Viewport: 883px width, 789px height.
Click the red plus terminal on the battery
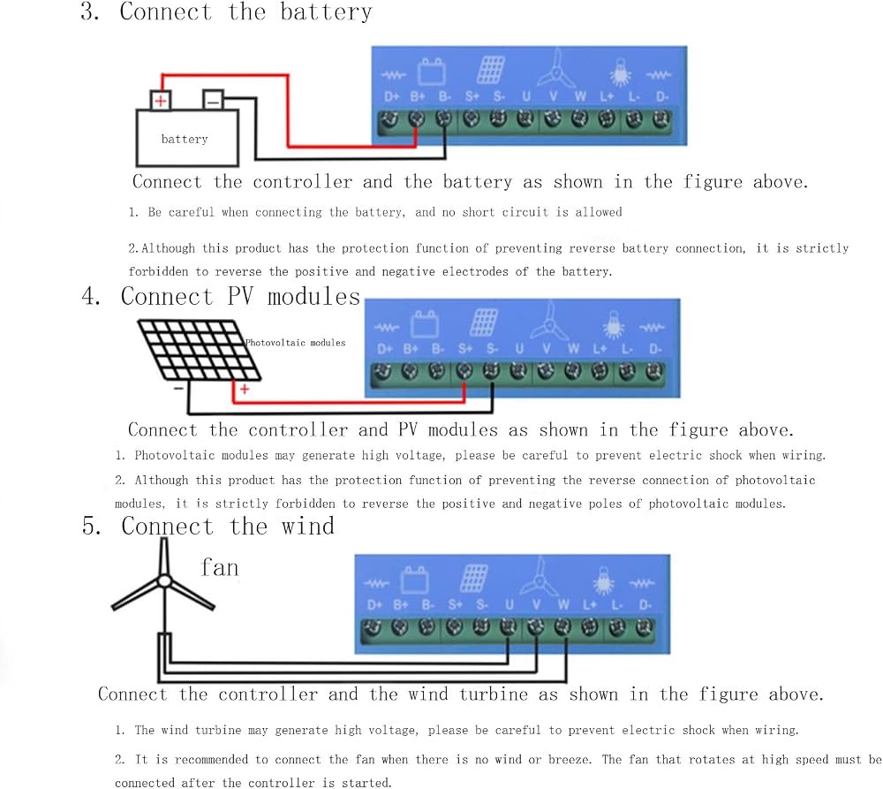[161, 101]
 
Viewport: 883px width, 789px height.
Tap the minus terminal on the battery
[213, 100]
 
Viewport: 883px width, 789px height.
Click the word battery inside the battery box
[185, 140]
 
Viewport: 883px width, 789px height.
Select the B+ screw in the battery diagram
[417, 118]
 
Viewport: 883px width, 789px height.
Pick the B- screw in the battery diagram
[444, 118]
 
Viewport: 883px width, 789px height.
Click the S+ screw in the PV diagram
[464, 371]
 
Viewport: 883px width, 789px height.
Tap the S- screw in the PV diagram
[491, 371]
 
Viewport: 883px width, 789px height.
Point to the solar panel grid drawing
[199, 349]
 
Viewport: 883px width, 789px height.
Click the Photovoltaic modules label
[295, 343]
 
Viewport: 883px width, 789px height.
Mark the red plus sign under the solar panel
[245, 389]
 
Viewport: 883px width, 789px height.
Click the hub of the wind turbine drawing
[164, 580]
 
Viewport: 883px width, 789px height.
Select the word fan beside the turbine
[220, 567]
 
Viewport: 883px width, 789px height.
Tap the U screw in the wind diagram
[508, 626]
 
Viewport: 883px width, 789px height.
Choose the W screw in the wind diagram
[562, 626]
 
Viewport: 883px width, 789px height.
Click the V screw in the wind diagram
[536, 626]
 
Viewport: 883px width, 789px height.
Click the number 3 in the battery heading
[88, 11]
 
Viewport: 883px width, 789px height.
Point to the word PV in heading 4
[240, 297]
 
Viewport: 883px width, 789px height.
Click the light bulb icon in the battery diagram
[620, 72]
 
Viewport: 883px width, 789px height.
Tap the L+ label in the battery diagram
[607, 97]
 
